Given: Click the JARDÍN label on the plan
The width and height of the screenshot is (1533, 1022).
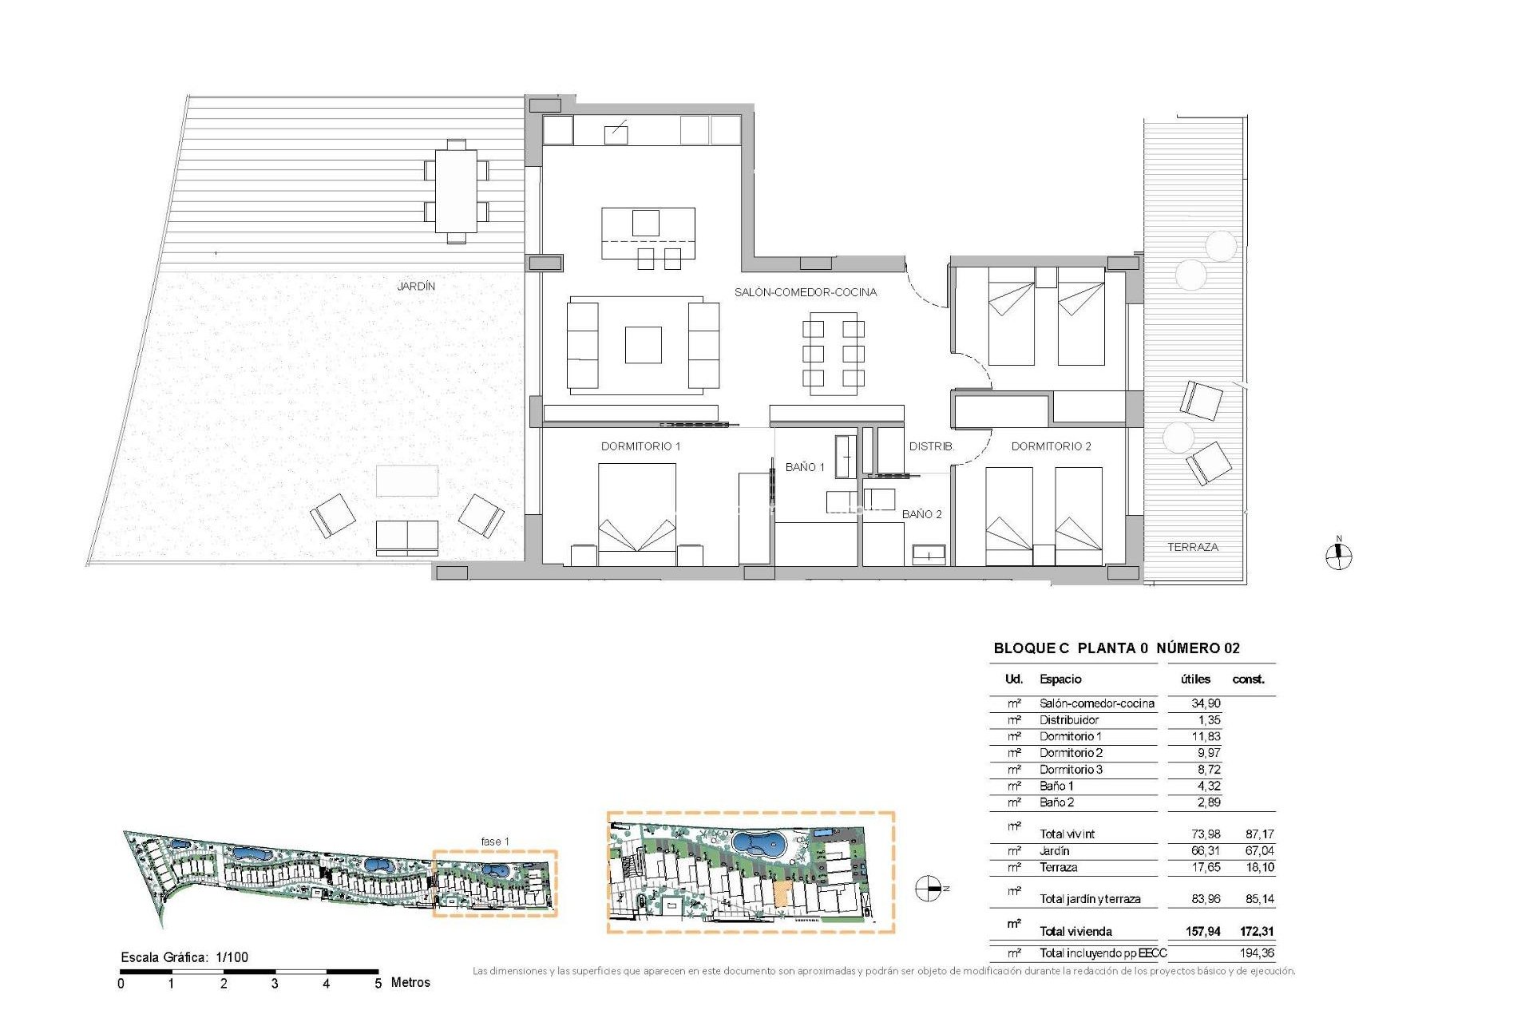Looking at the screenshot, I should pyautogui.click(x=416, y=286).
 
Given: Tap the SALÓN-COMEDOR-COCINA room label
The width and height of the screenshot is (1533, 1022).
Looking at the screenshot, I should pyautogui.click(x=805, y=292).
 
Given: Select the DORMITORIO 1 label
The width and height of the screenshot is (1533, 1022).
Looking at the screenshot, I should pyautogui.click(x=640, y=446).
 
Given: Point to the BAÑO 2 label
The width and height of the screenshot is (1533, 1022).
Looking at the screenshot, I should pyautogui.click(x=921, y=514).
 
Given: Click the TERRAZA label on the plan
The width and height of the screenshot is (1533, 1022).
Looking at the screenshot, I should pyautogui.click(x=1192, y=547).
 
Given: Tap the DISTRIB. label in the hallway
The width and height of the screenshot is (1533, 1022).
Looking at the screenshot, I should pyautogui.click(x=931, y=446).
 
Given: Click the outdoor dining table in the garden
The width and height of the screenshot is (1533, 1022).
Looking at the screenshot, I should pyautogui.click(x=456, y=191).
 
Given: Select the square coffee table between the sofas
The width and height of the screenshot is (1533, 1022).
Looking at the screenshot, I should pyautogui.click(x=643, y=345).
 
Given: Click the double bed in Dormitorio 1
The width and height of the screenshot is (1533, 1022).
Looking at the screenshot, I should pyautogui.click(x=636, y=511).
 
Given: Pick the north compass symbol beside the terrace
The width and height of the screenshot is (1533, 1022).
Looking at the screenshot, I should pyautogui.click(x=1338, y=556).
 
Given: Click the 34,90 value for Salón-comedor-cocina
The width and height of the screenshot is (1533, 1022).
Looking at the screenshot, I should pyautogui.click(x=1205, y=703).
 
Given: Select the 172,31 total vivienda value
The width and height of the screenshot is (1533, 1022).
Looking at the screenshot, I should pyautogui.click(x=1256, y=931).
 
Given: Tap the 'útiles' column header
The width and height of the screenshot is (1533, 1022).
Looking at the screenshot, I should pyautogui.click(x=1194, y=679).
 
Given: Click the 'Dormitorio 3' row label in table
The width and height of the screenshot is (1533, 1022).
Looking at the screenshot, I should pyautogui.click(x=1070, y=770).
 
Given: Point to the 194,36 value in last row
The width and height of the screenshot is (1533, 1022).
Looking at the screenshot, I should pyautogui.click(x=1257, y=953).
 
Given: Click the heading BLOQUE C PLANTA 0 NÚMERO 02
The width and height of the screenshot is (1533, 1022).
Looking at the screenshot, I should pyautogui.click(x=1115, y=648).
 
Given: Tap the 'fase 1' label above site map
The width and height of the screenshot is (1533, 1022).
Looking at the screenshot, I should pyautogui.click(x=494, y=842).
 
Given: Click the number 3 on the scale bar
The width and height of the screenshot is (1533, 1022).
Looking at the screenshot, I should pyautogui.click(x=274, y=984).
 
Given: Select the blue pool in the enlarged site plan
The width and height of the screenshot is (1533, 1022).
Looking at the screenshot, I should pyautogui.click(x=759, y=843).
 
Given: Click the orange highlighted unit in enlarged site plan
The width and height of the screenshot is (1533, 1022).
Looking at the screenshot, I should pyautogui.click(x=782, y=895).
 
